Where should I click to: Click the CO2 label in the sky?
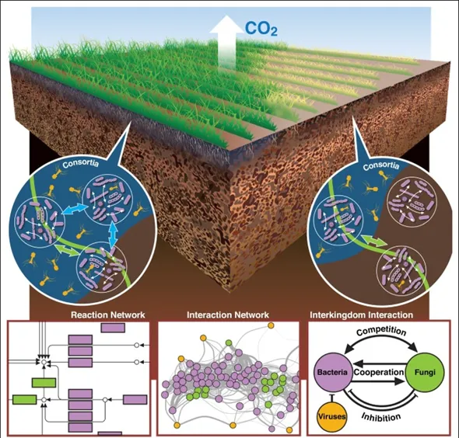[261, 29]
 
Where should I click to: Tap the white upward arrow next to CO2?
[227, 41]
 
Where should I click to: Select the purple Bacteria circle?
[333, 372]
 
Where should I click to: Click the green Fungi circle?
[425, 372]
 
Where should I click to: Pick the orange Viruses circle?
[331, 416]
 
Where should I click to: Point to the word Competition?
[381, 332]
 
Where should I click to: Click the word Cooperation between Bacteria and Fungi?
[379, 372]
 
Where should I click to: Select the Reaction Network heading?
[107, 315]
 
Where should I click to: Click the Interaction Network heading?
[228, 315]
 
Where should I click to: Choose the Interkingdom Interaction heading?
[361, 315]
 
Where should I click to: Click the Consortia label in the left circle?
[81, 163]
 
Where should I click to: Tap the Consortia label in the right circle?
[381, 166]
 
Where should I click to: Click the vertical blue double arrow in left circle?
[113, 234]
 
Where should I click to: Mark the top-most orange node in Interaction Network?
[271, 325]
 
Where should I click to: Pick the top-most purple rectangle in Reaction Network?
[113, 327]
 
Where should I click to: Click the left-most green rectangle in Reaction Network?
[25, 399]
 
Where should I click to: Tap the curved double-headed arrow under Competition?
[381, 339]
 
